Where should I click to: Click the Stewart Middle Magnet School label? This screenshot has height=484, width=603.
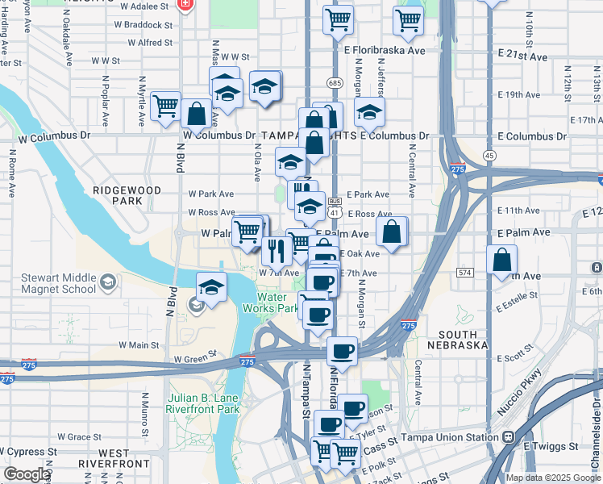(56, 283)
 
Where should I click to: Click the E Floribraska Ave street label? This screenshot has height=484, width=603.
(384, 50)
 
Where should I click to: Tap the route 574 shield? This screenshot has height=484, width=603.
(464, 273)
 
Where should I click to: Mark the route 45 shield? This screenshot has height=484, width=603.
(489, 154)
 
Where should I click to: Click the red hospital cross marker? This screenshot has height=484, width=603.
(186, 5)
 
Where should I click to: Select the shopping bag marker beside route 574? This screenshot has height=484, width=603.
(501, 261)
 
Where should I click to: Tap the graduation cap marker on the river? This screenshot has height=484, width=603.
(211, 288)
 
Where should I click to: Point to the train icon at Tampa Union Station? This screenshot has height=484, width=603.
(509, 437)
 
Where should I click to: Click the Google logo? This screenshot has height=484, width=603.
(27, 474)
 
